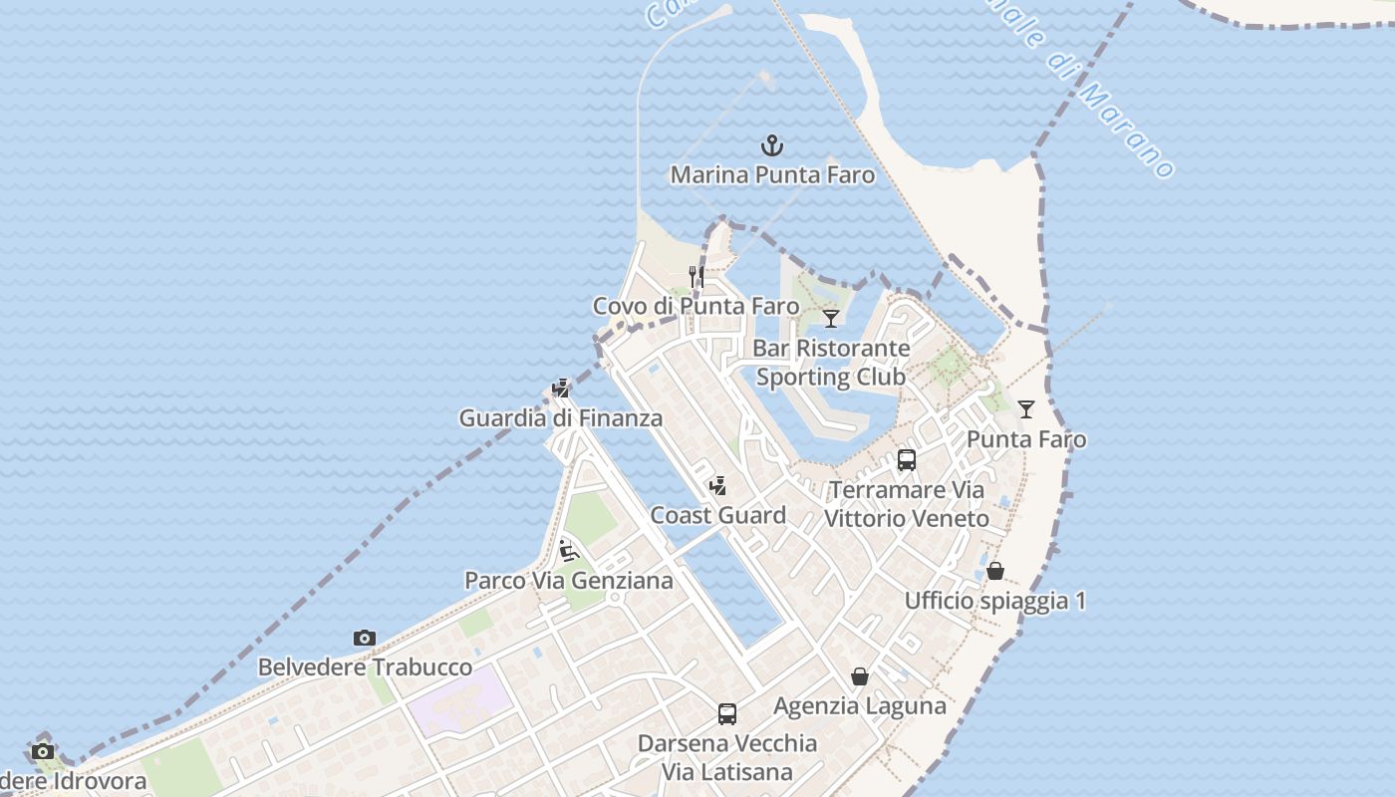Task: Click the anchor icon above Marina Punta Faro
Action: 772,146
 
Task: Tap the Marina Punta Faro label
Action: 772,175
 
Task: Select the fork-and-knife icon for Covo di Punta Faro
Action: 697,276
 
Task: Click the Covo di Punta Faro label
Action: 696,306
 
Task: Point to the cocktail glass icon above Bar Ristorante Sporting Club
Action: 831,318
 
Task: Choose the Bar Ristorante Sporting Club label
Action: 831,363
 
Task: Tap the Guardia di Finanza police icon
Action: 561,389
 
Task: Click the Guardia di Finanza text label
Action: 561,418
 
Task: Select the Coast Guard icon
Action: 717,486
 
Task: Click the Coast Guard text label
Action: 717,516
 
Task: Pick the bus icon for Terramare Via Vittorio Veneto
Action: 907,459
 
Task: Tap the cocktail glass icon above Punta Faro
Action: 1026,408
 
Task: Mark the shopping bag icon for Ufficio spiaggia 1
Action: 995,571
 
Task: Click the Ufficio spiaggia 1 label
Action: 995,601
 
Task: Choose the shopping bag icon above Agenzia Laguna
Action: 860,677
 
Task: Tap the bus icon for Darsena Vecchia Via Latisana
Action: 727,713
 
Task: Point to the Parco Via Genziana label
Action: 569,581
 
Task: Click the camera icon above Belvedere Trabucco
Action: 365,638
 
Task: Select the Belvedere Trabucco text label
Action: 365,667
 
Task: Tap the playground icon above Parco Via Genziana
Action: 568,551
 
